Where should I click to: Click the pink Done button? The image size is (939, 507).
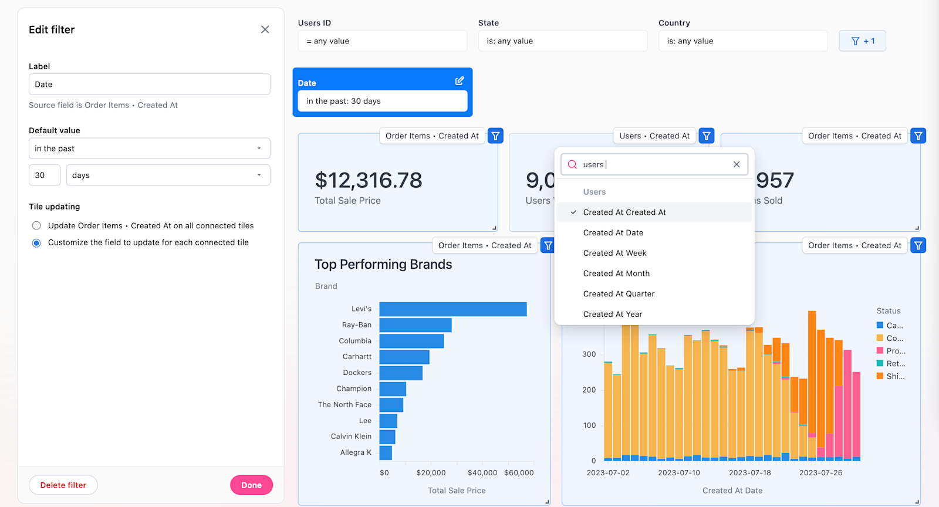pyautogui.click(x=251, y=485)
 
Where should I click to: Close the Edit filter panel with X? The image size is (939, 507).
pyautogui.click(x=265, y=29)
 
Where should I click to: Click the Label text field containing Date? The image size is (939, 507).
pyautogui.click(x=149, y=84)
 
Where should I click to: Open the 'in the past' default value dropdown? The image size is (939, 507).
pyautogui.click(x=149, y=148)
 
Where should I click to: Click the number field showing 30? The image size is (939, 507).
pyautogui.click(x=45, y=175)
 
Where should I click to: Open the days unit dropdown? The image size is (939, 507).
pyautogui.click(x=168, y=175)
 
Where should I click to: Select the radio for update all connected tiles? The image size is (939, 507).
pyautogui.click(x=36, y=226)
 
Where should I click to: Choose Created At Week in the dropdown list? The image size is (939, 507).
pyautogui.click(x=614, y=253)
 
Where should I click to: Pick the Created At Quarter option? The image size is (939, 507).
pyautogui.click(x=619, y=294)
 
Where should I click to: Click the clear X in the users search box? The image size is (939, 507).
pyautogui.click(x=737, y=164)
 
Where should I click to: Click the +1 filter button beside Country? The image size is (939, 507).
pyautogui.click(x=862, y=41)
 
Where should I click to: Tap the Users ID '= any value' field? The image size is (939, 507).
pyautogui.click(x=382, y=41)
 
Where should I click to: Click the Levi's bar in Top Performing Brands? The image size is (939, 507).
pyautogui.click(x=452, y=309)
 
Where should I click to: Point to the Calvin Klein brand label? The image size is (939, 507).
pyautogui.click(x=351, y=437)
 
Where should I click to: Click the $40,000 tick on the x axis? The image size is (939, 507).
pyautogui.click(x=482, y=473)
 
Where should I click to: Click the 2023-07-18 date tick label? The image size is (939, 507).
pyautogui.click(x=749, y=473)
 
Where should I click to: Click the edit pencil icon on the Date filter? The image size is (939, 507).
pyautogui.click(x=460, y=81)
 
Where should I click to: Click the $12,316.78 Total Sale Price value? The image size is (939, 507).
pyautogui.click(x=369, y=181)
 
